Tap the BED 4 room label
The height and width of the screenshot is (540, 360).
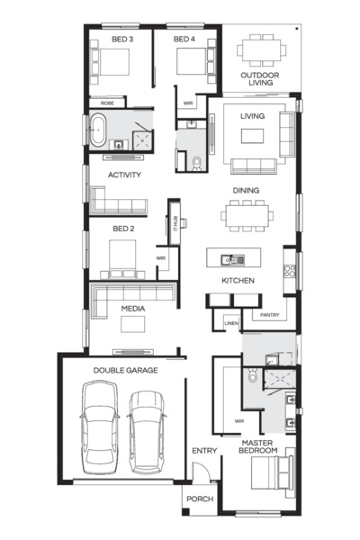[x=184, y=40]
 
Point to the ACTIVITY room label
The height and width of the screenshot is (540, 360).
[x=124, y=175]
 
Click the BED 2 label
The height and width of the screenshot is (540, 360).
[x=123, y=229]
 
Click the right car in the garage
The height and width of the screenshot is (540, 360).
[x=147, y=429]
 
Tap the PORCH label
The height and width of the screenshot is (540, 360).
[x=199, y=499]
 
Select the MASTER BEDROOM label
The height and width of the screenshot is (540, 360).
[x=258, y=446]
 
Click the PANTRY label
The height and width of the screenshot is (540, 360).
[x=270, y=315]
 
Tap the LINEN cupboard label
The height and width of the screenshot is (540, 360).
[x=231, y=321]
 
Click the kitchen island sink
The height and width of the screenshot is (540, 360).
[x=232, y=259]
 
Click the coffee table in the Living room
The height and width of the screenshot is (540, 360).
[x=251, y=135]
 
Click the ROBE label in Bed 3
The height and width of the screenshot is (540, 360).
[x=107, y=103]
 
